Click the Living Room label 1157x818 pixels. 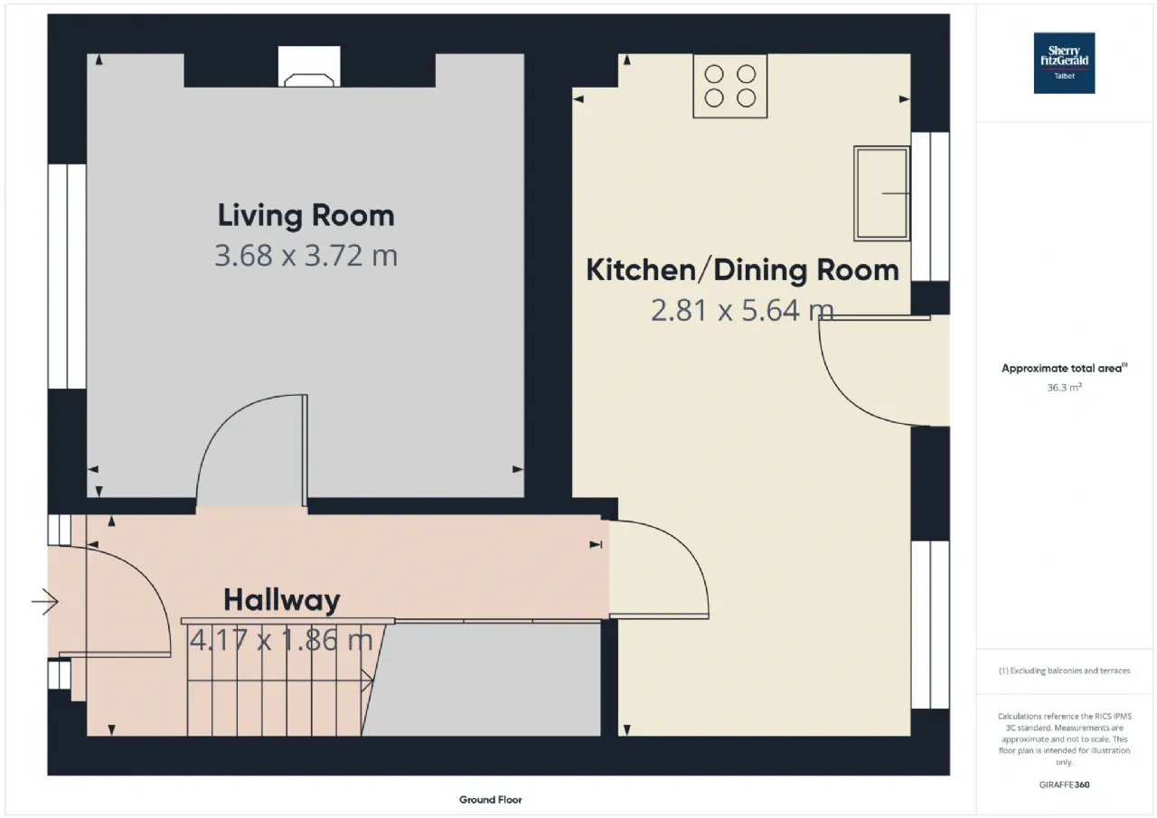[306, 215]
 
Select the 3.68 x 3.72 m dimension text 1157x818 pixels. [306, 255]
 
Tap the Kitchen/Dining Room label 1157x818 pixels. [742, 270]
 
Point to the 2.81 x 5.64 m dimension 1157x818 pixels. [742, 310]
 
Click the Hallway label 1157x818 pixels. [281, 600]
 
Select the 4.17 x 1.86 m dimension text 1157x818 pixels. [281, 640]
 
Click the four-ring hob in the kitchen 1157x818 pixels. [729, 86]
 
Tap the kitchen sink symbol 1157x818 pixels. [881, 193]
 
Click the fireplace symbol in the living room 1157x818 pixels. [309, 67]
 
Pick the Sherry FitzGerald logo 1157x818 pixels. [1064, 63]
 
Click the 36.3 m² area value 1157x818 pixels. [1064, 388]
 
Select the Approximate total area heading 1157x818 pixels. [1064, 368]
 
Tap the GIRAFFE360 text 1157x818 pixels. [1064, 785]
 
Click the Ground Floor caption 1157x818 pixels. [490, 799]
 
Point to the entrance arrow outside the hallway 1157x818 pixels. [45, 602]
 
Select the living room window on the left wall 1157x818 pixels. [67, 277]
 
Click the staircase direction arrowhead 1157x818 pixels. [368, 681]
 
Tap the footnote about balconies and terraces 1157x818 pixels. [1064, 671]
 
